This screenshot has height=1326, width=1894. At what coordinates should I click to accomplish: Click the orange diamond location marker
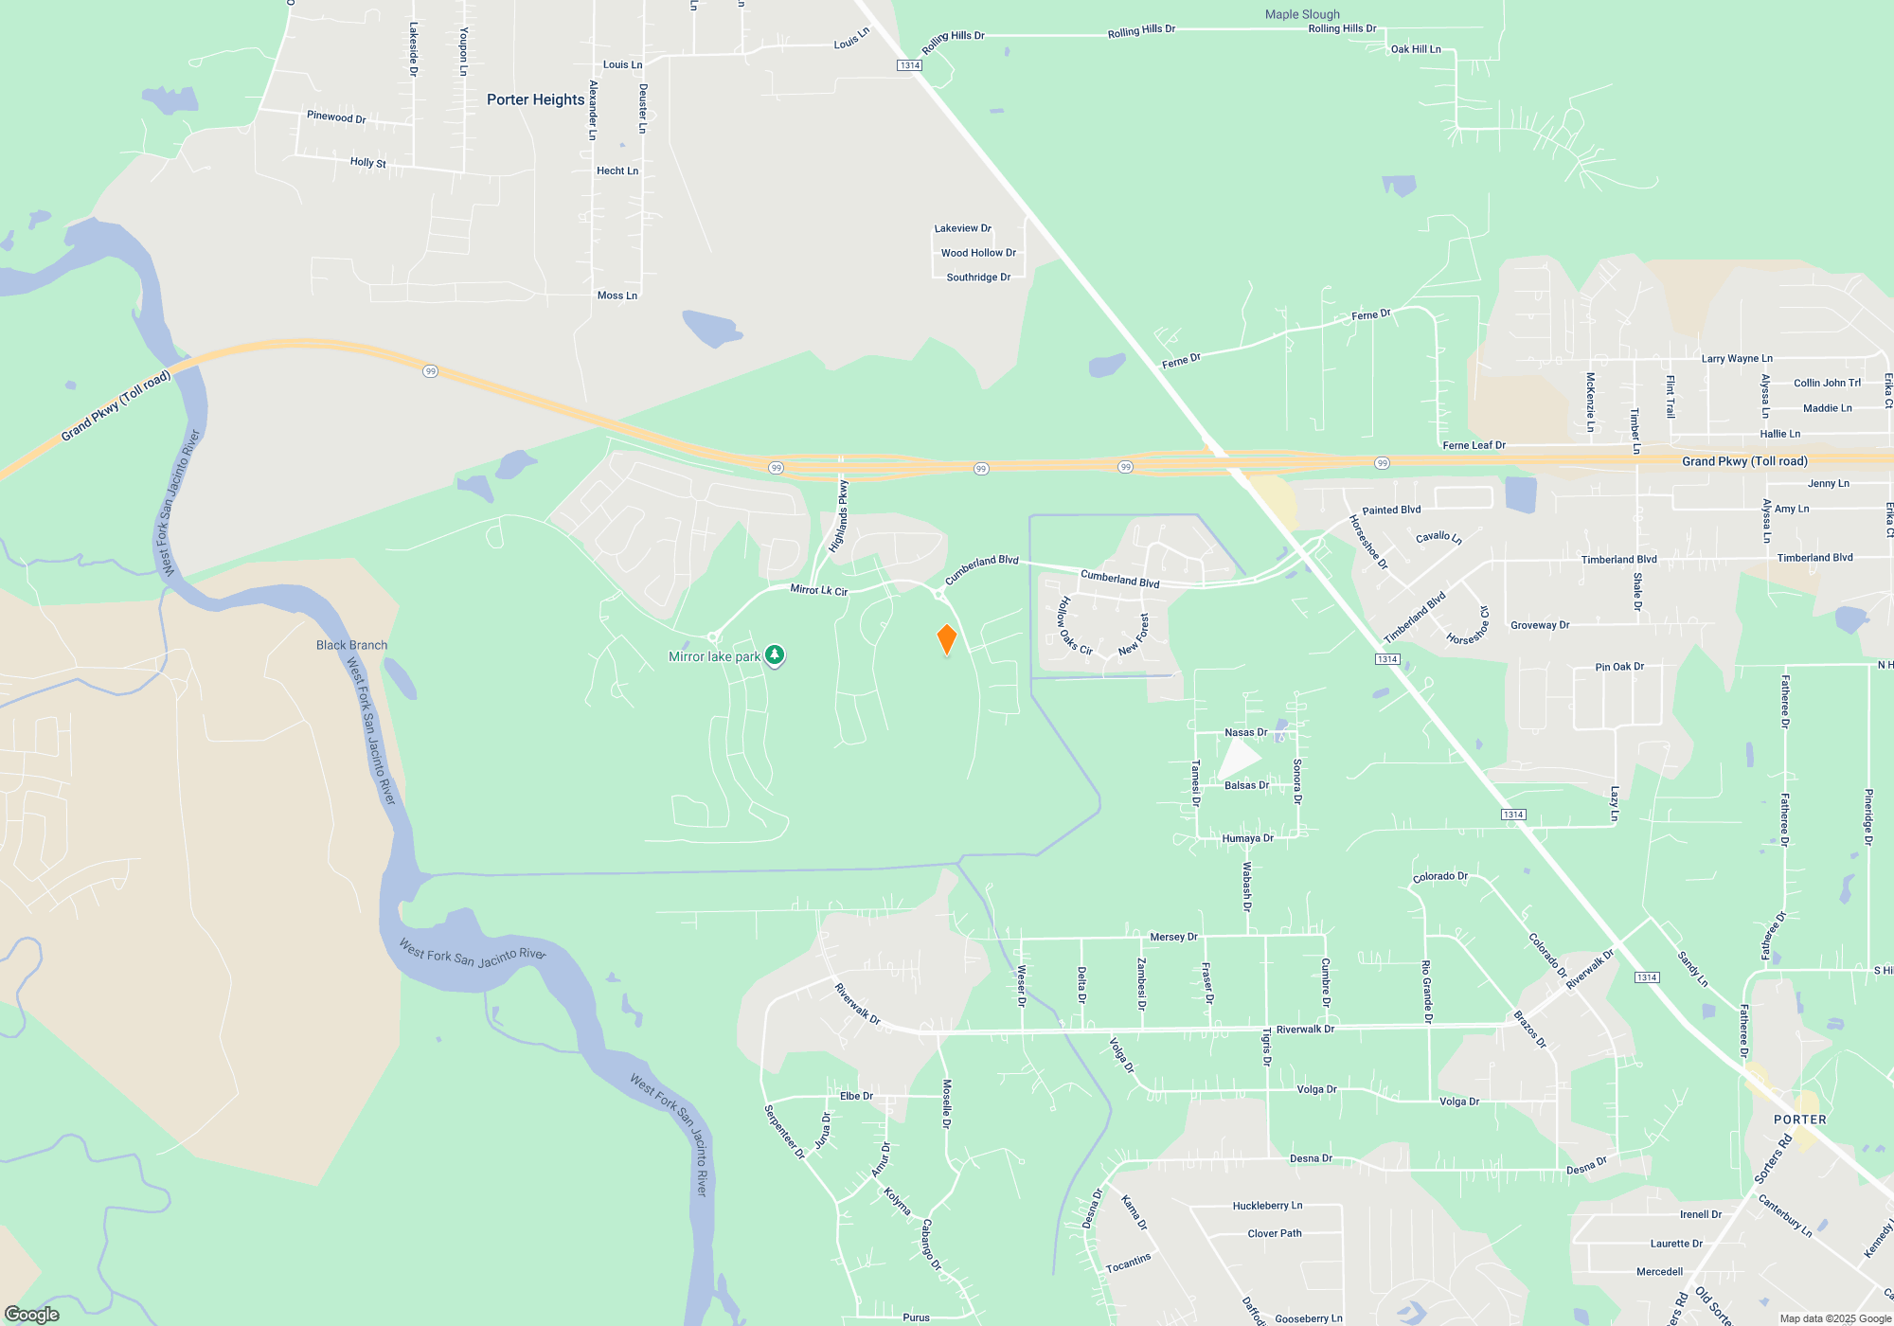(x=946, y=639)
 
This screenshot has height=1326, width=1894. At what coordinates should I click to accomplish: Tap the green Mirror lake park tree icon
(x=775, y=654)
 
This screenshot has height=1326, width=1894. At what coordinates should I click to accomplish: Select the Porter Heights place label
(x=535, y=99)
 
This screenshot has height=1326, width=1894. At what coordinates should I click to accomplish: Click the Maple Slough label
(x=1302, y=14)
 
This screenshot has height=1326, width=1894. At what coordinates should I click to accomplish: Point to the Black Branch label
(x=351, y=645)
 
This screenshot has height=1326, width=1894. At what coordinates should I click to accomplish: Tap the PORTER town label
(x=1799, y=1120)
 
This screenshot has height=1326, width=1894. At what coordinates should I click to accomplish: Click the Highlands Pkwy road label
(x=839, y=516)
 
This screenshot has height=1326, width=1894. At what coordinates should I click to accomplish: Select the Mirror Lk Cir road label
(x=818, y=590)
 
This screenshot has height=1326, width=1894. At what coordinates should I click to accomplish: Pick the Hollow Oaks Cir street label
(x=1075, y=626)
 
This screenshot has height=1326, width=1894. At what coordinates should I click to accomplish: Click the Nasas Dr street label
(x=1245, y=732)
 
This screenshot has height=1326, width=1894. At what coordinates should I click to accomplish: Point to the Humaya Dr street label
(x=1247, y=838)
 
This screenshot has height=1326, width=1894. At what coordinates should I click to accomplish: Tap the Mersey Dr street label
(x=1173, y=937)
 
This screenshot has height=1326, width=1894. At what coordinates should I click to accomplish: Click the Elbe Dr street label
(x=856, y=1096)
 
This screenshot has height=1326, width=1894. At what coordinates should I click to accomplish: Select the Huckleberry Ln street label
(x=1267, y=1206)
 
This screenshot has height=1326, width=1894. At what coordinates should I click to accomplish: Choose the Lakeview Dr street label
(x=962, y=228)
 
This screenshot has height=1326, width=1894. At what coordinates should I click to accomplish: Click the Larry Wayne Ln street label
(x=1736, y=358)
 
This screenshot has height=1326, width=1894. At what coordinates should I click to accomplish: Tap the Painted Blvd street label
(x=1391, y=510)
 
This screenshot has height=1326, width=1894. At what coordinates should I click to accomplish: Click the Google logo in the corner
(x=32, y=1315)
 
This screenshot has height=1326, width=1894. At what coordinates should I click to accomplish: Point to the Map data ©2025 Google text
(x=1835, y=1318)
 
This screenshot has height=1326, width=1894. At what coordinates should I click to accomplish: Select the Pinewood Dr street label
(x=336, y=116)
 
